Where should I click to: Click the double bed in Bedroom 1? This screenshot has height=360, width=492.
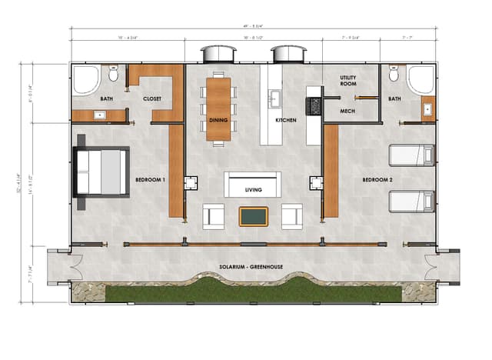[x=101, y=172]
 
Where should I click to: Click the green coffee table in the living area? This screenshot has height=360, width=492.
[x=253, y=216]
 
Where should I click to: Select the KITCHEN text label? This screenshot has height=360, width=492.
[x=286, y=121]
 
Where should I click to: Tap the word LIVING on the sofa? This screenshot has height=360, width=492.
[x=253, y=189]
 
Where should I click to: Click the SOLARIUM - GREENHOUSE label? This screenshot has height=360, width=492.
[x=251, y=267]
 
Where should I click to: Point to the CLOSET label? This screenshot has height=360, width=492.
[x=152, y=99]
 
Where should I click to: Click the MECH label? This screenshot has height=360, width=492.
[x=347, y=111]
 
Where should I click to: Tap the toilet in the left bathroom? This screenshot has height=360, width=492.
[x=114, y=75]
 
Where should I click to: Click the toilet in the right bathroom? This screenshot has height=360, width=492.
[x=393, y=75]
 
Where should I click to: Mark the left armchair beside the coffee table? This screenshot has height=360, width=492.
[x=214, y=216]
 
